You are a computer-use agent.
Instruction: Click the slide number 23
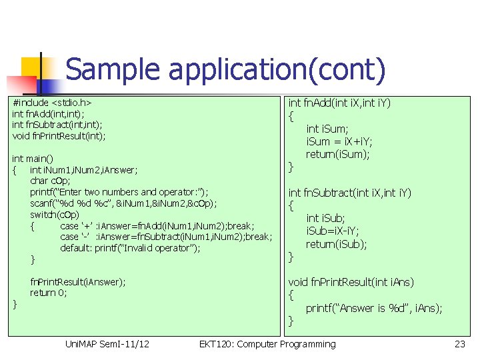[x=459, y=344]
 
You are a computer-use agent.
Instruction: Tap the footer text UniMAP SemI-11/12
[x=107, y=344]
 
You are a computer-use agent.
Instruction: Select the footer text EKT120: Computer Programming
[x=267, y=344]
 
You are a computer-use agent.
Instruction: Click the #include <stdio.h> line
[x=52, y=103]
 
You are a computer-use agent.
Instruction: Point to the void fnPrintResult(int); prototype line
[x=59, y=136]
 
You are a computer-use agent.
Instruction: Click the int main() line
[x=33, y=159]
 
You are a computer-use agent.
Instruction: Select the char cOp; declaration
[x=50, y=181]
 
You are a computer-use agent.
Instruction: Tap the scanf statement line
[x=123, y=203]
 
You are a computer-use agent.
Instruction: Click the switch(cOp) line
[x=55, y=214]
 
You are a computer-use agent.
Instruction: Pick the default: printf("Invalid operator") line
[x=130, y=248]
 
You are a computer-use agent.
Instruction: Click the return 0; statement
[x=48, y=293]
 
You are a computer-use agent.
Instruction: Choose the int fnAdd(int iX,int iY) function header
[x=339, y=103]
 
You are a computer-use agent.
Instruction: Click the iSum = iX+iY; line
[x=339, y=141]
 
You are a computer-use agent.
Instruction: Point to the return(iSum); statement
[x=337, y=154]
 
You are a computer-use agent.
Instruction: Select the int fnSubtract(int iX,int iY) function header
[x=350, y=193]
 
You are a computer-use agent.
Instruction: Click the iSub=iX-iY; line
[x=332, y=231]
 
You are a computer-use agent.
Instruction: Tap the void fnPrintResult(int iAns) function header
[x=351, y=282]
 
